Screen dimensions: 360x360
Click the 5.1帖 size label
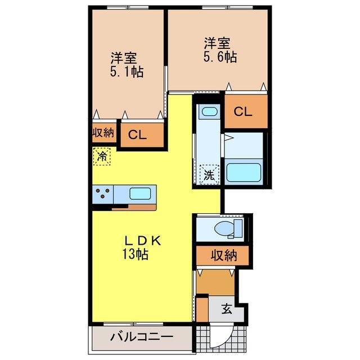click(x=125, y=71)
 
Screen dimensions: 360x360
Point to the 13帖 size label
click(x=135, y=254)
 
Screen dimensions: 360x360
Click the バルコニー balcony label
click(x=141, y=337)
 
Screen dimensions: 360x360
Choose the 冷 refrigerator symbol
click(x=102, y=156)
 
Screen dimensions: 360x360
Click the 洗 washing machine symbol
click(x=209, y=174)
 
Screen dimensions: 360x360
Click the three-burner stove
click(x=103, y=195)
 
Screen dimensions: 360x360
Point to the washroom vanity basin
click(x=209, y=112)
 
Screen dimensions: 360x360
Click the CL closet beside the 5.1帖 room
click(x=137, y=134)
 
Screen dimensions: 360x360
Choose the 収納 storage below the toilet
click(x=223, y=256)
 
